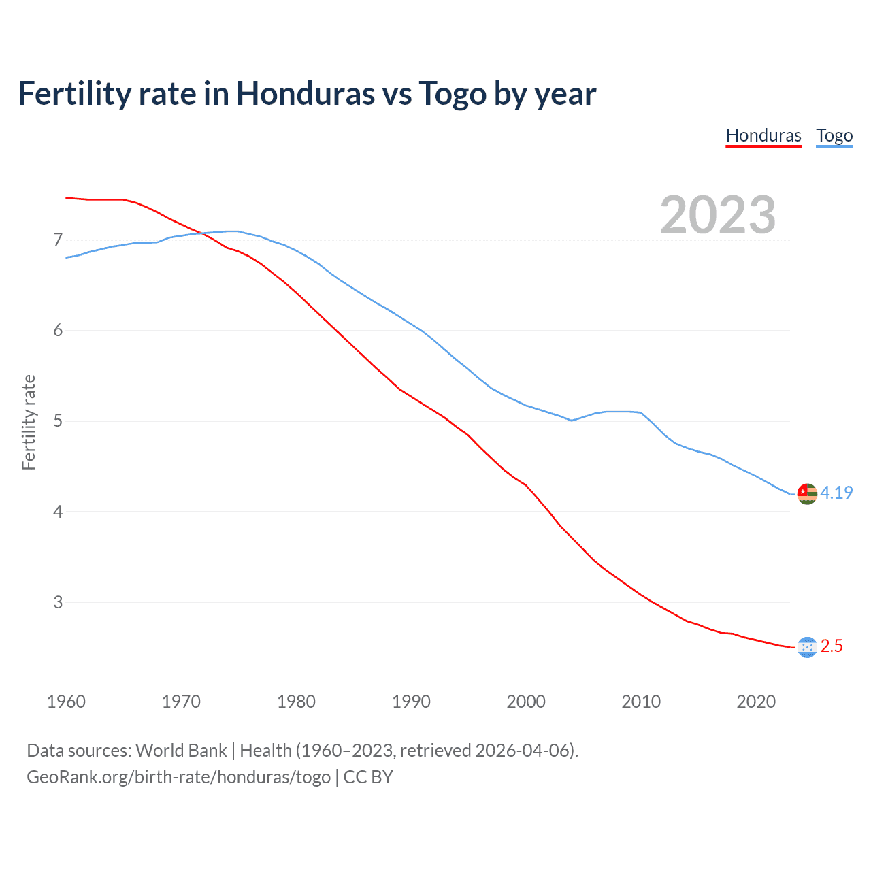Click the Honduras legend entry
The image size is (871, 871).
point(763,135)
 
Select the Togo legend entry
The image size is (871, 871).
point(834,135)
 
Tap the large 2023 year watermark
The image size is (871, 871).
point(718,215)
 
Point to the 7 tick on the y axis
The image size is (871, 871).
point(58,240)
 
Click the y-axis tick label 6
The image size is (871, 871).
point(58,331)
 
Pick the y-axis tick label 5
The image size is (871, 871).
point(58,421)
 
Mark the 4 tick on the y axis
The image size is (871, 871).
point(58,512)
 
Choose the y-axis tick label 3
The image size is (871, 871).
point(58,602)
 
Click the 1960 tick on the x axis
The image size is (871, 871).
point(66,702)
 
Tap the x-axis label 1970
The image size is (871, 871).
point(181,702)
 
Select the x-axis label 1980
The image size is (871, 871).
point(296,702)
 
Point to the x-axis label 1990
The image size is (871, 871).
point(411,702)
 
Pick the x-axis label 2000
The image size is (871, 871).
point(526,702)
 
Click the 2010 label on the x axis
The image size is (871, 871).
point(641,702)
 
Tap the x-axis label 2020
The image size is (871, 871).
point(756,702)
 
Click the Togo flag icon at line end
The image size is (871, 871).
point(807,493)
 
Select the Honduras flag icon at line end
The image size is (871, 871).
point(807,647)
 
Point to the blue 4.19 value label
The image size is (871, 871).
point(836,493)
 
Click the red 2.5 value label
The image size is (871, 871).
point(832,646)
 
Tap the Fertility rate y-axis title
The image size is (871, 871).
point(29,422)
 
